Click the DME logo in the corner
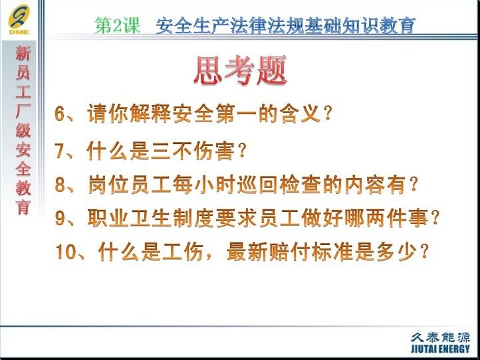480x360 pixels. [19, 20]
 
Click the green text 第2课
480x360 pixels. [117, 25]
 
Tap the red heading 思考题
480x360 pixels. [240, 70]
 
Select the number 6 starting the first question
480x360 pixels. [60, 114]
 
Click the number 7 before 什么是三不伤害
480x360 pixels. [60, 151]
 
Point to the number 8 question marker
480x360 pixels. [60, 185]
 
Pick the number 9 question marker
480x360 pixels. [60, 217]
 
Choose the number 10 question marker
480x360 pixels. [65, 252]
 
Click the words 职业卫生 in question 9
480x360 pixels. [129, 217]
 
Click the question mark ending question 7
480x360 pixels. [242, 151]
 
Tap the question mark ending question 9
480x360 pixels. [435, 217]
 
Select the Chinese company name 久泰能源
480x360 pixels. [440, 337]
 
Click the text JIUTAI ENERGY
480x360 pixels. [440, 349]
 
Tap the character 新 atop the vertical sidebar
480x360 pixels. [23, 53]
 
